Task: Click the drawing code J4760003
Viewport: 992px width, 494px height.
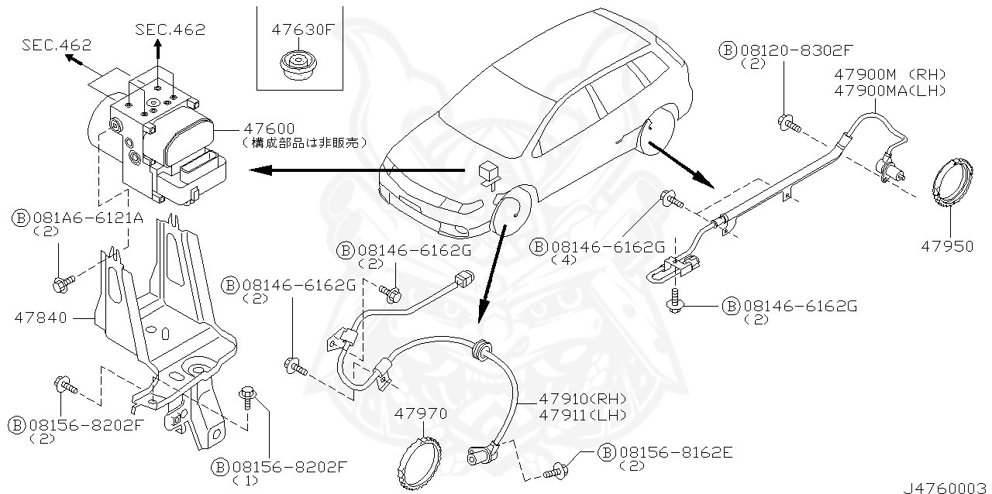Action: click(945, 488)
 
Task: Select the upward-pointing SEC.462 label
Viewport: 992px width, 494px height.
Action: click(170, 29)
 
